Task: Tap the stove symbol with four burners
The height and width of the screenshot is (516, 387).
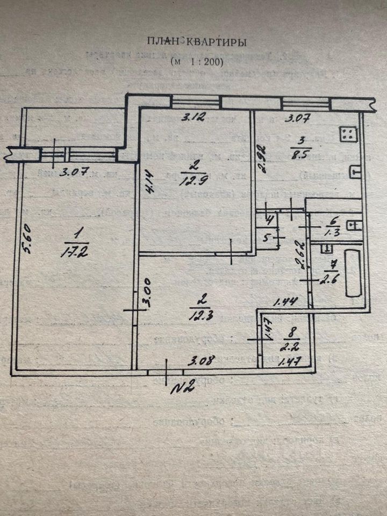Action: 348,133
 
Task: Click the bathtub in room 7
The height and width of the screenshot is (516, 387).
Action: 353,273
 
